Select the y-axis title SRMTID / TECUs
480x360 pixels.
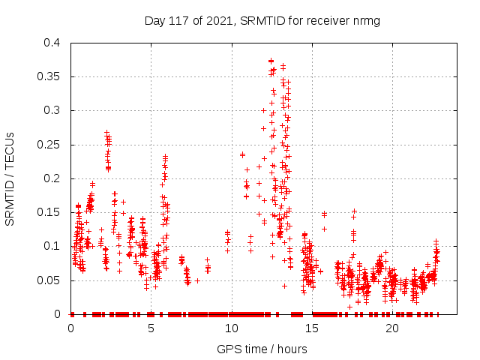[x=10, y=178]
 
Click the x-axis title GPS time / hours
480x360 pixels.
[x=262, y=349]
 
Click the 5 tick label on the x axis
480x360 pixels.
[x=151, y=329]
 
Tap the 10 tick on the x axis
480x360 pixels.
[x=232, y=329]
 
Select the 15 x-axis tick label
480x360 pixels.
[x=312, y=329]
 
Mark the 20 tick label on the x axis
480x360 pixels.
[x=392, y=329]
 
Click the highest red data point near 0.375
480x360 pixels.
[x=271, y=61]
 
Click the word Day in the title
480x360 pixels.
[x=154, y=21]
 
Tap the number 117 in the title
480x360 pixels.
[x=180, y=21]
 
